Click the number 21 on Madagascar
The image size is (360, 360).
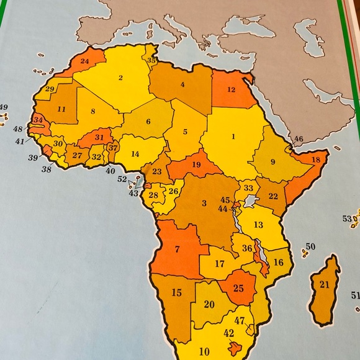(324, 285)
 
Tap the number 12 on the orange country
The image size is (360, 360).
(231, 89)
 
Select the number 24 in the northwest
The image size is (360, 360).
(85, 61)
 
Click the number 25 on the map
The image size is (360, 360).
(239, 288)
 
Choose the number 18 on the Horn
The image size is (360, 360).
(315, 160)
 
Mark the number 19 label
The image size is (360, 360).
(196, 165)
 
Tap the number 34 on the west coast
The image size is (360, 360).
(38, 120)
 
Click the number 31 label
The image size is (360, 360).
(99, 137)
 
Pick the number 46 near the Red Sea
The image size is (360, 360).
(299, 139)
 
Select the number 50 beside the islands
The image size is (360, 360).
(310, 247)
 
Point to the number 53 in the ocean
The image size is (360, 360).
(347, 218)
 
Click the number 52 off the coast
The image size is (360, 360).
(122, 179)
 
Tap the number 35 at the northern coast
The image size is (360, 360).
(151, 61)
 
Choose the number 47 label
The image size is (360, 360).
(240, 320)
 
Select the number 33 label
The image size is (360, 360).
(248, 188)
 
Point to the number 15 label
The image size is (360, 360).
(177, 292)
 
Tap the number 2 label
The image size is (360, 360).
(120, 78)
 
